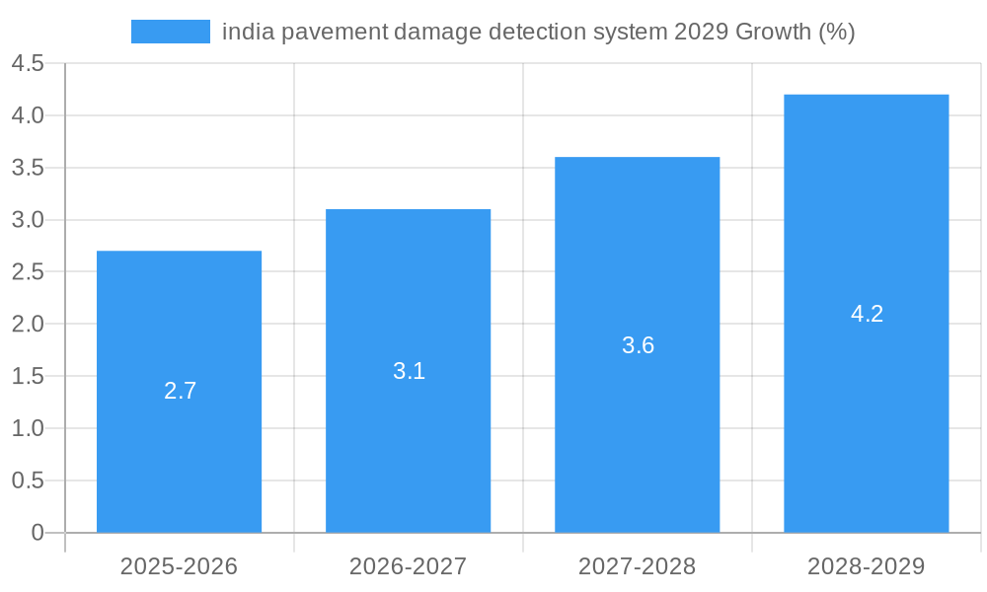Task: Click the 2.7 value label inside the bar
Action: coord(180,391)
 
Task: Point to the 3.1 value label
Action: coord(409,371)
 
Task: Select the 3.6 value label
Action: coord(638,345)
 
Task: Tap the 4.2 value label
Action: coord(867,314)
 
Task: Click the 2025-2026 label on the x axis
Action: coord(179,566)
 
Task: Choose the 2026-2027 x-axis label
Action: coord(408,566)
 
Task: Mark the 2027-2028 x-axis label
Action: coord(637,566)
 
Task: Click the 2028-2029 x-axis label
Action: coord(866,566)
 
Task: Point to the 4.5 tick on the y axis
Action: coord(28,64)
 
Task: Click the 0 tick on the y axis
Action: coord(38,533)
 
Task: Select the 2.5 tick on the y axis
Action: coord(28,272)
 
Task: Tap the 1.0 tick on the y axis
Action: coord(28,428)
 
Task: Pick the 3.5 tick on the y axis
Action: coord(28,168)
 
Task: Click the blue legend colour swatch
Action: coord(170,32)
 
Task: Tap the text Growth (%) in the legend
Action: coord(796,33)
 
